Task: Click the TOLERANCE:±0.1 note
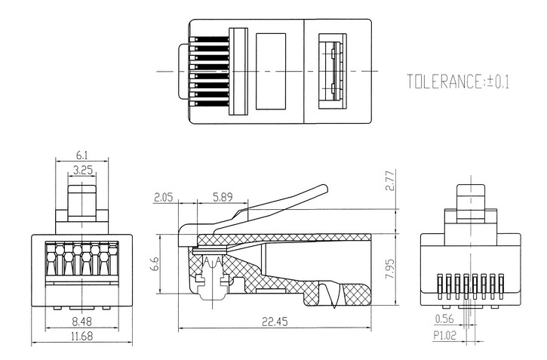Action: [x=458, y=81]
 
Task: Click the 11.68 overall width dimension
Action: [x=82, y=336]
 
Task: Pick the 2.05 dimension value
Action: [x=164, y=198]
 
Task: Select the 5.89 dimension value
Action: [x=222, y=198]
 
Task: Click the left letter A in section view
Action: [x=207, y=260]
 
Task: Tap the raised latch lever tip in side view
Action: [x=324, y=187]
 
